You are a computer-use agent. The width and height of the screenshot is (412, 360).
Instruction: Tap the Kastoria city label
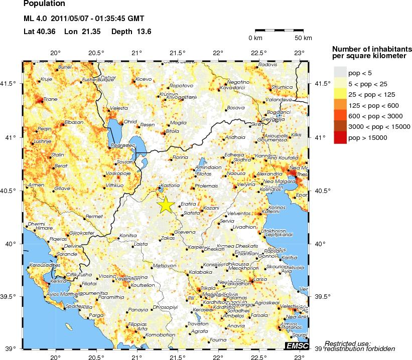[x=172, y=185]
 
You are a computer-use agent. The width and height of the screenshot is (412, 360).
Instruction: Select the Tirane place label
[x=51, y=99]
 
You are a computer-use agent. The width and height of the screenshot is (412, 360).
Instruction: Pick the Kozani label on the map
[x=211, y=207]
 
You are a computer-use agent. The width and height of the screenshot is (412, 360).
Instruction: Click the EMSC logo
[x=298, y=346]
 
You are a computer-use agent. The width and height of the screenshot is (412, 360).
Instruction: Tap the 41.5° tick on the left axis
[x=12, y=84]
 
